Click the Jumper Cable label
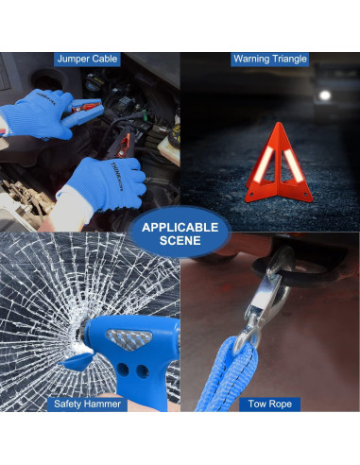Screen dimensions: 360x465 (x=87, y=59)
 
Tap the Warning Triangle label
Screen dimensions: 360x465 (x=270, y=59)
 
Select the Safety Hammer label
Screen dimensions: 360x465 (x=87, y=404)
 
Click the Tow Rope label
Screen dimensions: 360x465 (x=270, y=404)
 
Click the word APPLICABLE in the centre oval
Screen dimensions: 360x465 (x=180, y=228)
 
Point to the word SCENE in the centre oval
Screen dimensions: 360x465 (x=180, y=241)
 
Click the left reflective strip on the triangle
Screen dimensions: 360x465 (x=264, y=164)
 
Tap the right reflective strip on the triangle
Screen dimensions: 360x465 (x=293, y=165)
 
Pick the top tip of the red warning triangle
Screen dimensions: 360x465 (x=278, y=123)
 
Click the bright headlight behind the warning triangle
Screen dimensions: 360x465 (x=324, y=95)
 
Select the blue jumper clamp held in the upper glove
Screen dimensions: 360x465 (x=82, y=112)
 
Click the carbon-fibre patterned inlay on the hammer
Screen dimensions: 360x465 (x=129, y=340)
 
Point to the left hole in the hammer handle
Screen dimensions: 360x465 (x=123, y=370)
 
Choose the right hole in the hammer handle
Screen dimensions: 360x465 (x=143, y=371)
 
